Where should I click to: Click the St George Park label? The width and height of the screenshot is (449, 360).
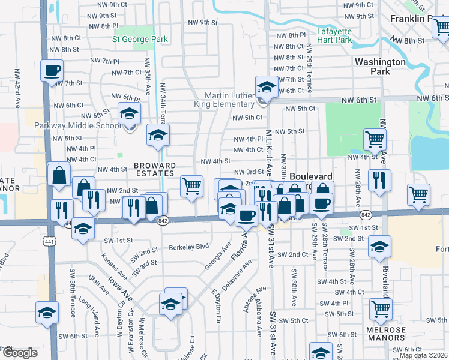pos(140,40)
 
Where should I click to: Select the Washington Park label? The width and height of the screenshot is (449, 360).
pos(381,67)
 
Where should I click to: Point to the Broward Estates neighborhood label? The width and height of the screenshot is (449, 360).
pos(155,169)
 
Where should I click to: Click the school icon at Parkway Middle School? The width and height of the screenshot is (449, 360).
pos(129,113)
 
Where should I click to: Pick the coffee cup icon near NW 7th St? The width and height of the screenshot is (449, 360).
pos(52,70)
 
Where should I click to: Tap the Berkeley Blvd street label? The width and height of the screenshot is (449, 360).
pos(188,246)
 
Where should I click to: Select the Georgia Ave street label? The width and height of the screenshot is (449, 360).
pos(218,256)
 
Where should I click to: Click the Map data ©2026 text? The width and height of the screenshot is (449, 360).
pos(423,355)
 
